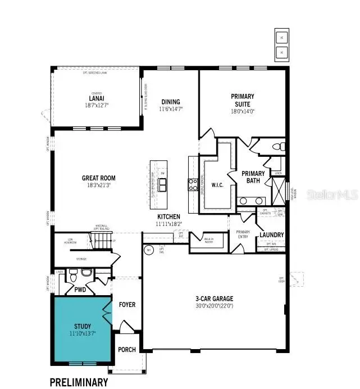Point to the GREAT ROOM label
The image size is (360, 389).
tap(99, 178)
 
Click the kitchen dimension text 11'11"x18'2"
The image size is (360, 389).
tap(168, 224)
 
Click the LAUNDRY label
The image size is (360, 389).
tap(271, 234)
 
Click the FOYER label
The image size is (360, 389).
tap(127, 305)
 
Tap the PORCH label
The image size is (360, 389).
tap(127, 349)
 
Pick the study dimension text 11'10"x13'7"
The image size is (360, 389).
tap(82, 333)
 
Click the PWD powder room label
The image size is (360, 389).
tap(79, 291)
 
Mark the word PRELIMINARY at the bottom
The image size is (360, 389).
tap(79, 382)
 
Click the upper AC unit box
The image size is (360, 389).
tap(281, 38)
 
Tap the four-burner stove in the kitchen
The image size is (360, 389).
tap(193, 185)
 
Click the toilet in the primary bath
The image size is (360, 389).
tap(276, 147)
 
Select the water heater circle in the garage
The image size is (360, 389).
tap(149, 250)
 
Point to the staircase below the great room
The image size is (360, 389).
tap(103, 242)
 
